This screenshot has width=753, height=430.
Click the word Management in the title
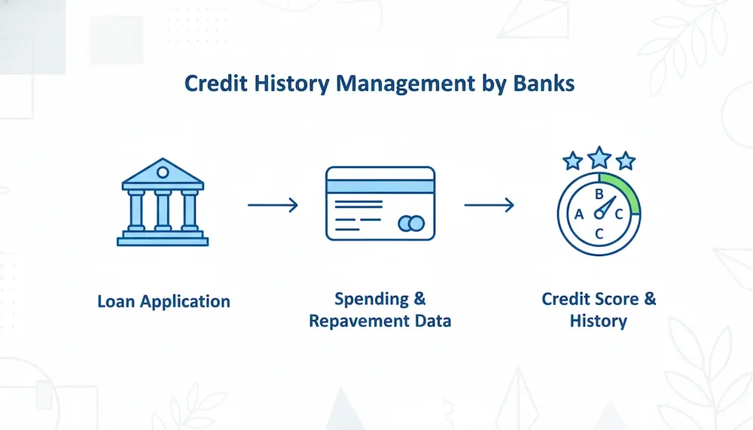coord(405,84)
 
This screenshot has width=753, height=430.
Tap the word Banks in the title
coord(544,83)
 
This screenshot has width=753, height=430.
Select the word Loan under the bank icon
coord(116,301)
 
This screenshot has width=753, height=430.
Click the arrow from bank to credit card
coord(273,205)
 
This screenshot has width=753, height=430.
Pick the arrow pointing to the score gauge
coord(489,205)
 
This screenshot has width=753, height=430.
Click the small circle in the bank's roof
coord(163,172)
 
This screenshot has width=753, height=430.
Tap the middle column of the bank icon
coord(163,210)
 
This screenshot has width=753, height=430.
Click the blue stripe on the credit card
coord(380,187)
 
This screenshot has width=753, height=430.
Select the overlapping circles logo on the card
coord(412,224)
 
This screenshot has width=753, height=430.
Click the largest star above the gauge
coord(599,157)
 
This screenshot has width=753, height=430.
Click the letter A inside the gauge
coord(578,215)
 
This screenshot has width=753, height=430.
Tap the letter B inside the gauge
coord(599,194)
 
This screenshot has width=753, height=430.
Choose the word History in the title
coord(291,84)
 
